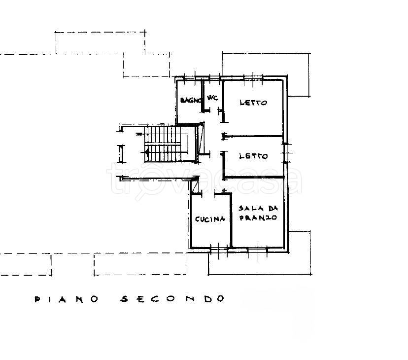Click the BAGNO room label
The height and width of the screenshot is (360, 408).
(x=191, y=100)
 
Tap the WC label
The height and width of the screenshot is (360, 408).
(x=212, y=98)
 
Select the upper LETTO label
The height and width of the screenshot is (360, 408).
(x=253, y=103)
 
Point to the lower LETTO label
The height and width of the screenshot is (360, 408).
(x=253, y=156)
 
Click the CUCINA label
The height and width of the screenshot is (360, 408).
(x=210, y=219)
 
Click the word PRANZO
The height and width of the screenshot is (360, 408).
(x=258, y=218)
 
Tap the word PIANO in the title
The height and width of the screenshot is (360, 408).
(x=67, y=299)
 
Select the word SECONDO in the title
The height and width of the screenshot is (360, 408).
(x=172, y=299)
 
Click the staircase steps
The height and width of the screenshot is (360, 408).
(x=163, y=144)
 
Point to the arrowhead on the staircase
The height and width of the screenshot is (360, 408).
(x=147, y=151)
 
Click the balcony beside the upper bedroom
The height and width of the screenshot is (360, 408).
(x=299, y=75)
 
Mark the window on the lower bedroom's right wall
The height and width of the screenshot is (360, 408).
(x=286, y=153)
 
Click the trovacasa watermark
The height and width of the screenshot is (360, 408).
(x=204, y=179)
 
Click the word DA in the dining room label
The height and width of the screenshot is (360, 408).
(x=273, y=209)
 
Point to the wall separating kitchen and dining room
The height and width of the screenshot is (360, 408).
(x=231, y=220)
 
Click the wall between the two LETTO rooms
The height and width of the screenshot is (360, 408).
(x=254, y=136)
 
